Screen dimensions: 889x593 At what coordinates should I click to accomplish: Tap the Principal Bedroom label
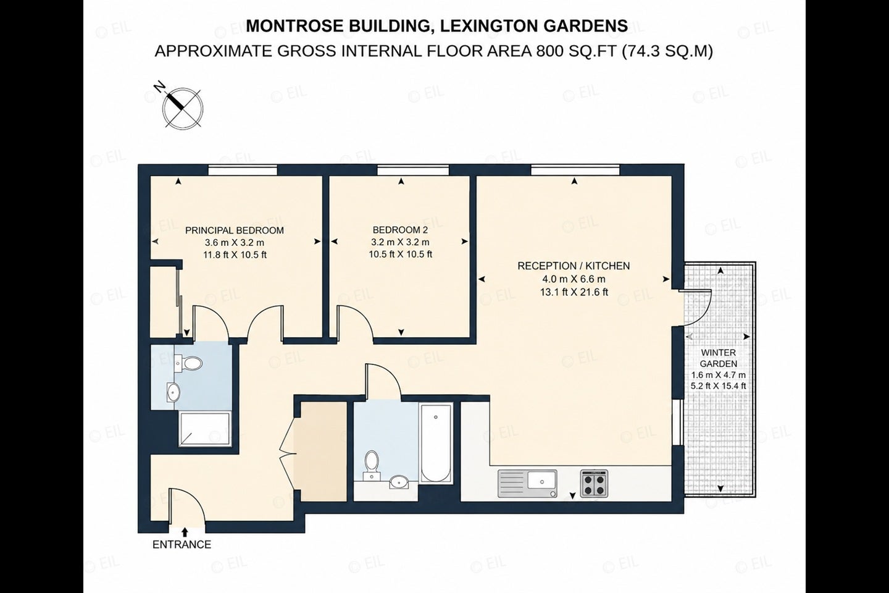click(x=235, y=230)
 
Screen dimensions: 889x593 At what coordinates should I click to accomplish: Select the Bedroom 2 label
click(x=400, y=230)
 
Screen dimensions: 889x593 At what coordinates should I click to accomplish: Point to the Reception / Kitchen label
click(x=574, y=266)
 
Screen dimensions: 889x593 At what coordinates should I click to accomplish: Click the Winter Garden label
click(x=719, y=358)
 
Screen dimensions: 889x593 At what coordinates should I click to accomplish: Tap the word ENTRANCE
click(x=182, y=545)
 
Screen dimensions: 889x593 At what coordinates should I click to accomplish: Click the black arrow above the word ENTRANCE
click(x=185, y=532)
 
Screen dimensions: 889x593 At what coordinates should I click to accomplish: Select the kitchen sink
click(x=527, y=484)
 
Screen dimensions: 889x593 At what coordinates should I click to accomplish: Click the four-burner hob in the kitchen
click(x=594, y=484)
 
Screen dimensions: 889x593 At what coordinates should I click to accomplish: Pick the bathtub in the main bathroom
click(x=436, y=442)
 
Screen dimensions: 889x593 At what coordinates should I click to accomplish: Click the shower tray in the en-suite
click(x=204, y=429)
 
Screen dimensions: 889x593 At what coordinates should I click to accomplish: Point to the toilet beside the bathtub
click(x=372, y=465)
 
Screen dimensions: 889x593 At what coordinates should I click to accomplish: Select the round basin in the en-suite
click(x=173, y=392)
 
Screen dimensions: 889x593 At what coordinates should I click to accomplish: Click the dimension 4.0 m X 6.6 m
click(x=574, y=279)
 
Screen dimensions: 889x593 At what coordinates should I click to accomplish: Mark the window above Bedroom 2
click(x=413, y=170)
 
